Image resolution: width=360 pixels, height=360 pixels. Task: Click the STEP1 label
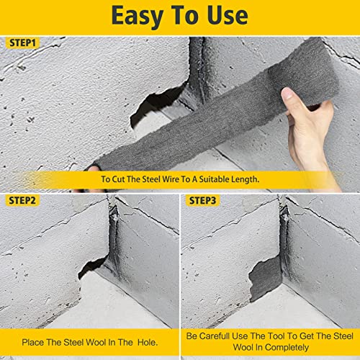pyautogui.click(x=24, y=42)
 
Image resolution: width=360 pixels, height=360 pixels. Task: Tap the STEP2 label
pyautogui.click(x=24, y=199)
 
